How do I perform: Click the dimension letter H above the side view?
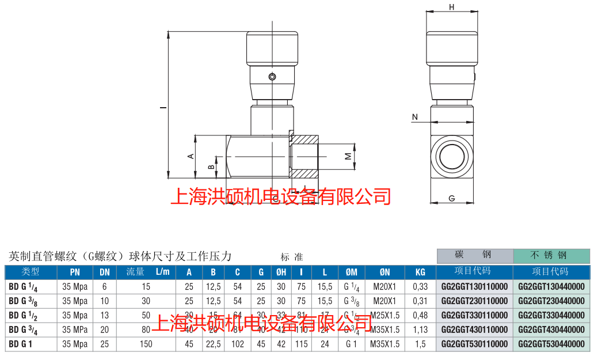[452, 7]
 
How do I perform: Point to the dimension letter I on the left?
[163, 107]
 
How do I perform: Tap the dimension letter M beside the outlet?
[347, 156]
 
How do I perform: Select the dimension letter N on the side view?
[414, 118]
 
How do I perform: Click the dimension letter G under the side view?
[452, 198]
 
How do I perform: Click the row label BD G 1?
[21, 344]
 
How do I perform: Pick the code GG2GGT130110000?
[474, 286]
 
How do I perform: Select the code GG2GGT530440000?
[551, 344]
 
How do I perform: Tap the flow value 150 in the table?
[146, 344]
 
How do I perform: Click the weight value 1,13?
[420, 329]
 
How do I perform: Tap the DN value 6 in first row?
[104, 286]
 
